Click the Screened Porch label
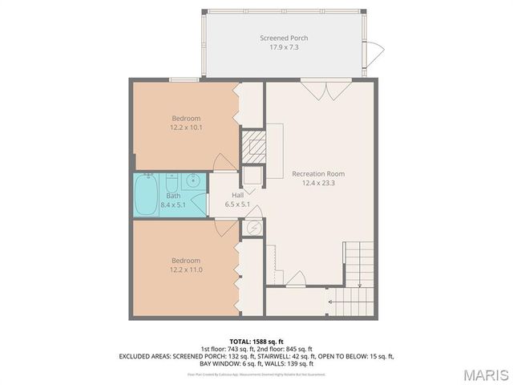(283, 38)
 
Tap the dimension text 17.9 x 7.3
(283, 47)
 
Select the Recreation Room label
(317, 173)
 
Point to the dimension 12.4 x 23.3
(317, 183)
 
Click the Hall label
(237, 195)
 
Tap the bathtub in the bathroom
(147, 196)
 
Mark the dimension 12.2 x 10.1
(185, 128)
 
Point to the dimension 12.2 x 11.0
(185, 269)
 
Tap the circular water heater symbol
(252, 228)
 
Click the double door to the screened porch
(324, 89)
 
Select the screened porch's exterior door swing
(374, 55)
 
